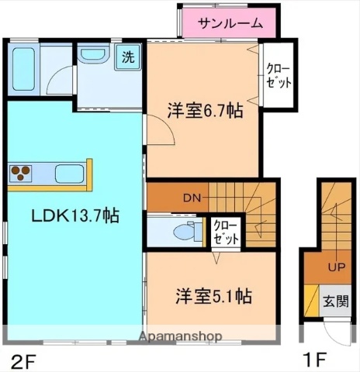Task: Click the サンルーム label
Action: (230, 23)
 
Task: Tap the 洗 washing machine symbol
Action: (126, 56)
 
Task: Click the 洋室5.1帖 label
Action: (212, 295)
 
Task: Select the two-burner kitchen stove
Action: (21, 171)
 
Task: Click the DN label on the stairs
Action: (192, 198)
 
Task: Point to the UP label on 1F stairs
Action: (336, 268)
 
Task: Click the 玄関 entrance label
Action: (336, 301)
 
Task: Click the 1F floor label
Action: (314, 359)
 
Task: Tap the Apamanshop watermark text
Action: (179, 336)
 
